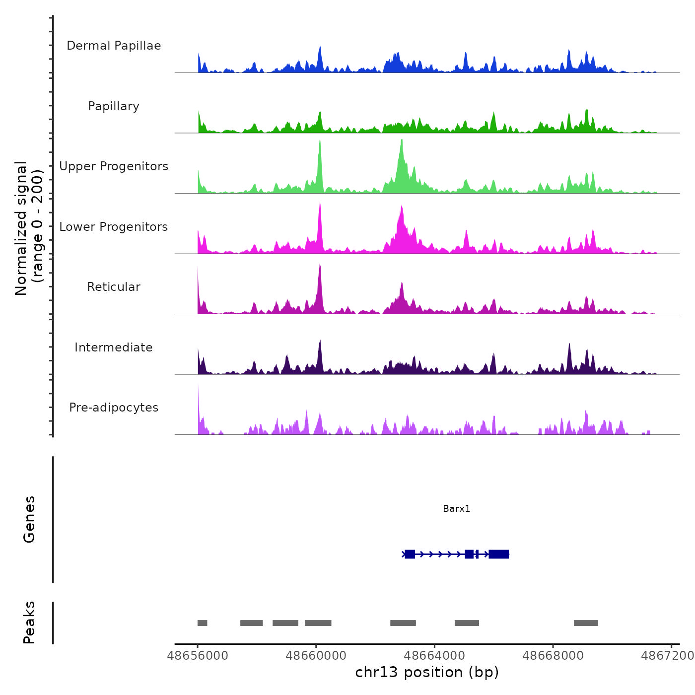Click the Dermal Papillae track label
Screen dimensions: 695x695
click(x=114, y=46)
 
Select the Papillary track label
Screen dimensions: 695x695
click(x=114, y=106)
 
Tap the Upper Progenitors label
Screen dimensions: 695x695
click(x=114, y=166)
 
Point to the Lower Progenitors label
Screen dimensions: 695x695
click(x=114, y=227)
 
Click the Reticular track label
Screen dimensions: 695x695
click(x=114, y=287)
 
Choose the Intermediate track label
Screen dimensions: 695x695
click(x=114, y=347)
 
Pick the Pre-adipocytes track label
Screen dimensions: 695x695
click(x=114, y=408)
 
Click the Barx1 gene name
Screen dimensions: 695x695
click(x=456, y=508)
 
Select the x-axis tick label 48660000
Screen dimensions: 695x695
click(x=316, y=656)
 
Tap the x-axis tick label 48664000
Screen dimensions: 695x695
click(x=434, y=656)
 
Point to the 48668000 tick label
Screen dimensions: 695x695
click(x=553, y=656)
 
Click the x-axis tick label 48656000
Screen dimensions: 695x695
click(x=198, y=656)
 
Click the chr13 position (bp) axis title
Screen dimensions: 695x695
click(x=427, y=672)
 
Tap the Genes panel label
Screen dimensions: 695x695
click(x=29, y=519)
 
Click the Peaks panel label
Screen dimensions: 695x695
click(x=29, y=623)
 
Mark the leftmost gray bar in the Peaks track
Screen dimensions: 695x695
click(x=202, y=623)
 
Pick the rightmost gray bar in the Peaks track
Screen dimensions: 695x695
click(x=586, y=623)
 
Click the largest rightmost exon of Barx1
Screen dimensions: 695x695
click(x=498, y=554)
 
